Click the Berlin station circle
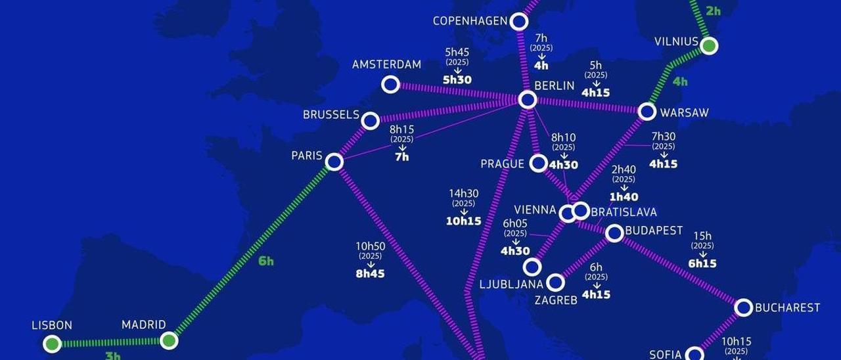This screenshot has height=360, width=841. pyautogui.click(x=528, y=100)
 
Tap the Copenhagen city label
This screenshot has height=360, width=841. pyautogui.click(x=470, y=22)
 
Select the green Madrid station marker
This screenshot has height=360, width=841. pyautogui.click(x=169, y=340)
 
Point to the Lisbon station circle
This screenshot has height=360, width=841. pyautogui.click(x=52, y=344)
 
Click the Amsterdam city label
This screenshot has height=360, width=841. pyautogui.click(x=386, y=65)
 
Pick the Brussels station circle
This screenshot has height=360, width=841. pyautogui.click(x=371, y=121)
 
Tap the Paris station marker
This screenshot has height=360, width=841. pyautogui.click(x=334, y=162)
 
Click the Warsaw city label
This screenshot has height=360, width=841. pyautogui.click(x=684, y=113)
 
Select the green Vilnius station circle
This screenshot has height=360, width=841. pyautogui.click(x=708, y=46)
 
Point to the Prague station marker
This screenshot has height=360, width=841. pyautogui.click(x=539, y=163)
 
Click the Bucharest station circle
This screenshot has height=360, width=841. pyautogui.click(x=743, y=307)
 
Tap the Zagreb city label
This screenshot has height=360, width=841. pyautogui.click(x=555, y=300)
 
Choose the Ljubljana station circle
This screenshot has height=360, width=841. pyautogui.click(x=532, y=267)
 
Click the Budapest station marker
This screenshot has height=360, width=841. pyautogui.click(x=614, y=233)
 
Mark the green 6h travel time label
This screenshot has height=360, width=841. pyautogui.click(x=266, y=261)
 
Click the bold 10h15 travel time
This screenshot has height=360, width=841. pyautogui.click(x=464, y=221)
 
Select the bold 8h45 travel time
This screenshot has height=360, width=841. pyautogui.click(x=370, y=274)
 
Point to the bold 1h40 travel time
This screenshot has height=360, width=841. pyautogui.click(x=624, y=197)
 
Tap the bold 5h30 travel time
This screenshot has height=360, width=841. pyautogui.click(x=457, y=80)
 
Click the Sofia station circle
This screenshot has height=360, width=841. pyautogui.click(x=694, y=355)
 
